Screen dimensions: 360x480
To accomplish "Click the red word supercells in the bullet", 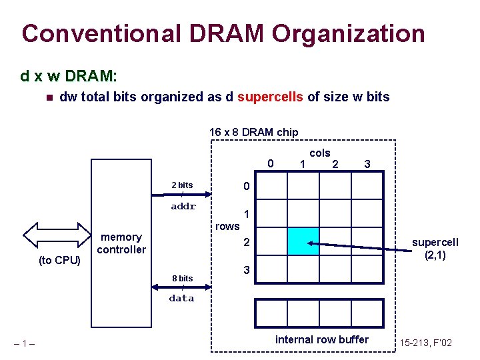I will point(270,97).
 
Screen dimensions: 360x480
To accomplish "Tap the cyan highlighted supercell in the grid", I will point(303,241).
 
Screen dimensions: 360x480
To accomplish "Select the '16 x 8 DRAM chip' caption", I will point(254,132).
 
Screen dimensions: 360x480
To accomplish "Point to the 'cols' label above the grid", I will point(320,153).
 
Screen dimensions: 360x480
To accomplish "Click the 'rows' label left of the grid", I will point(227,226).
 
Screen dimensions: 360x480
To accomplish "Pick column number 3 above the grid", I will point(367,164).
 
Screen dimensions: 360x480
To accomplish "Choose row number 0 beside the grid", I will point(246,185).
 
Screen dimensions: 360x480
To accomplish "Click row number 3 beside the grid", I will point(246,271).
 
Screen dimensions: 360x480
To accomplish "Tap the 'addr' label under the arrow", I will point(183,207).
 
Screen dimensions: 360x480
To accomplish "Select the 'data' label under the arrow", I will point(181,299).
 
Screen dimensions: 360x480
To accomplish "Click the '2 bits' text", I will point(182,185).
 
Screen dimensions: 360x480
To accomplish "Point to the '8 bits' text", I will point(182,278).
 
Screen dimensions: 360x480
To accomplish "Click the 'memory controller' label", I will point(121,243).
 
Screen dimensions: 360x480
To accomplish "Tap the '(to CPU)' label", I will point(59,260).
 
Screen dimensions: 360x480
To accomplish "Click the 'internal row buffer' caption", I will point(321,340).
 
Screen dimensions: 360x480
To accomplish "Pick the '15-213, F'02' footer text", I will point(426,343).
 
